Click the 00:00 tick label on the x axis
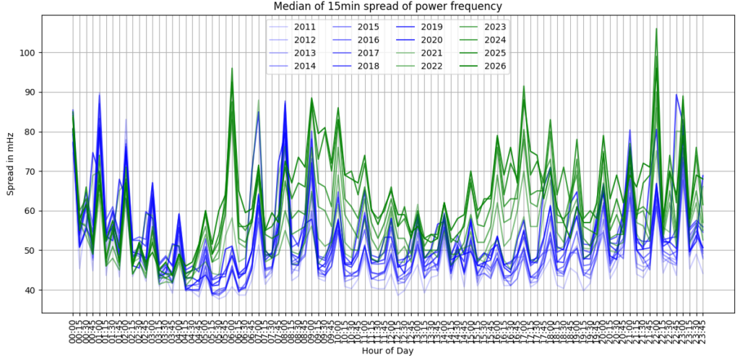(x=72, y=330)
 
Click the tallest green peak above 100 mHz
(x=656, y=30)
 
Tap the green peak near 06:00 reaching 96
(x=232, y=69)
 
